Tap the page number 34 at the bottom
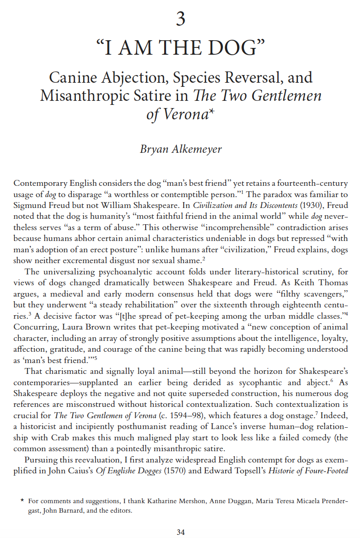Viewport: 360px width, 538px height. coord(180,532)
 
